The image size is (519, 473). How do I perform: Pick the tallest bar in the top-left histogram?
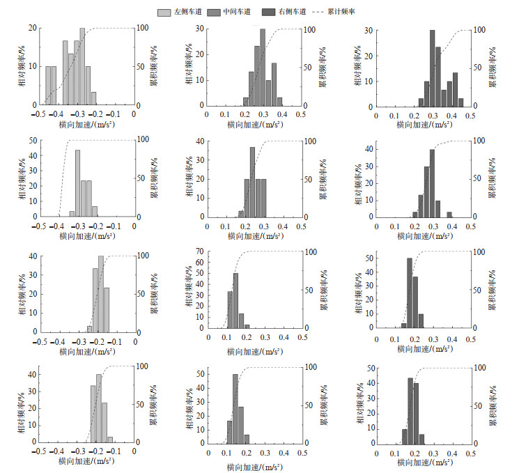tap(82, 66)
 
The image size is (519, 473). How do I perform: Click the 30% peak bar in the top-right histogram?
tap(433, 67)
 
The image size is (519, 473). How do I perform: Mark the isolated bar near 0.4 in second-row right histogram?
tap(449, 214)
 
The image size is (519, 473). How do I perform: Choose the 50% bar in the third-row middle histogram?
tap(236, 300)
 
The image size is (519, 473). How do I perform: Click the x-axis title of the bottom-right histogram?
tap(424, 463)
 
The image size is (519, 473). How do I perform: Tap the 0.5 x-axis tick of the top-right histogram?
tap(470, 116)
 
